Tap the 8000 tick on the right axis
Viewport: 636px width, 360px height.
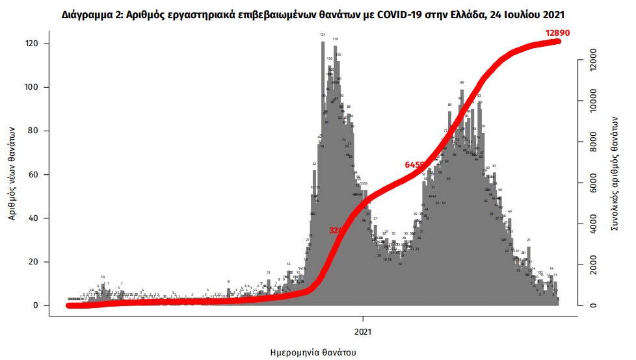tap(592, 143)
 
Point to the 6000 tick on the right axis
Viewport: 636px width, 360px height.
tap(592, 183)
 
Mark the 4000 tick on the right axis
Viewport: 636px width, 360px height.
tap(592, 224)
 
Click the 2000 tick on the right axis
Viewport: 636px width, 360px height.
tap(592, 265)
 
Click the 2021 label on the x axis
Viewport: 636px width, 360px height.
tap(363, 329)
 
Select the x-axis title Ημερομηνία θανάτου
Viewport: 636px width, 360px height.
tap(313, 352)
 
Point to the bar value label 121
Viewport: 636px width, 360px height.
tap(323, 34)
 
